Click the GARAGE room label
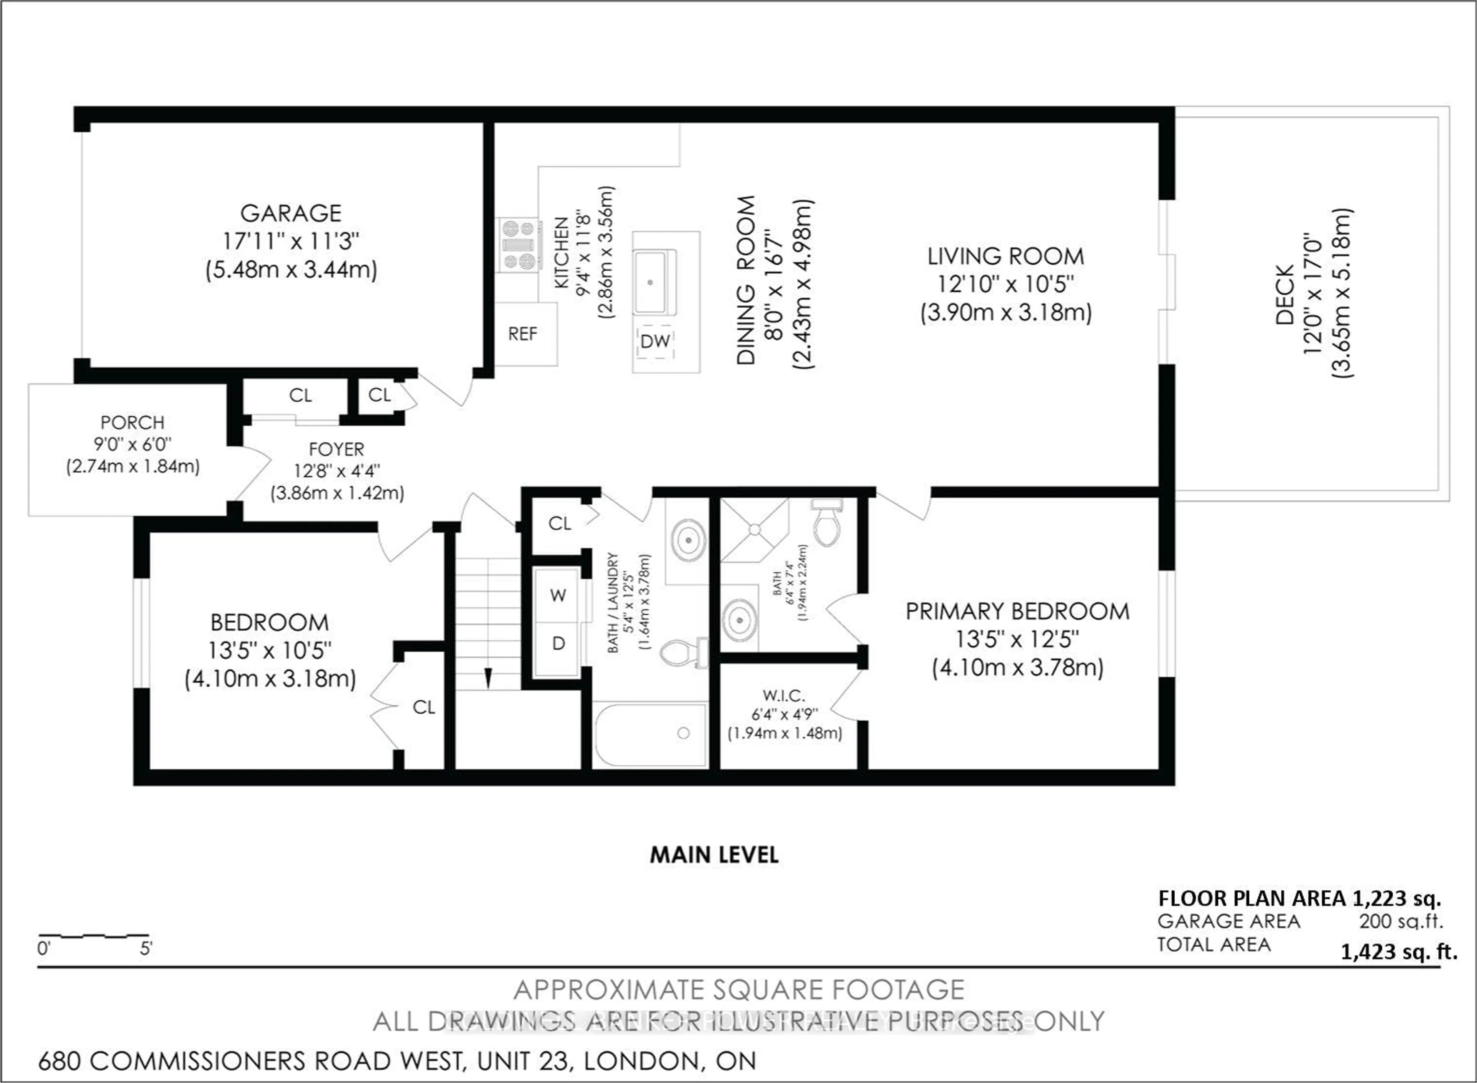(290, 213)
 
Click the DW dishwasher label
(655, 341)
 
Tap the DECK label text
(1285, 295)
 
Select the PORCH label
(132, 422)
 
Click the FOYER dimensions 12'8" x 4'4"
(337, 471)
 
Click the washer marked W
(558, 595)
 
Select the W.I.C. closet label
(784, 696)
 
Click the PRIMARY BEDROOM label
(1017, 611)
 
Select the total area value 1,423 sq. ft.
(1398, 951)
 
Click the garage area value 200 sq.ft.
(1401, 921)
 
